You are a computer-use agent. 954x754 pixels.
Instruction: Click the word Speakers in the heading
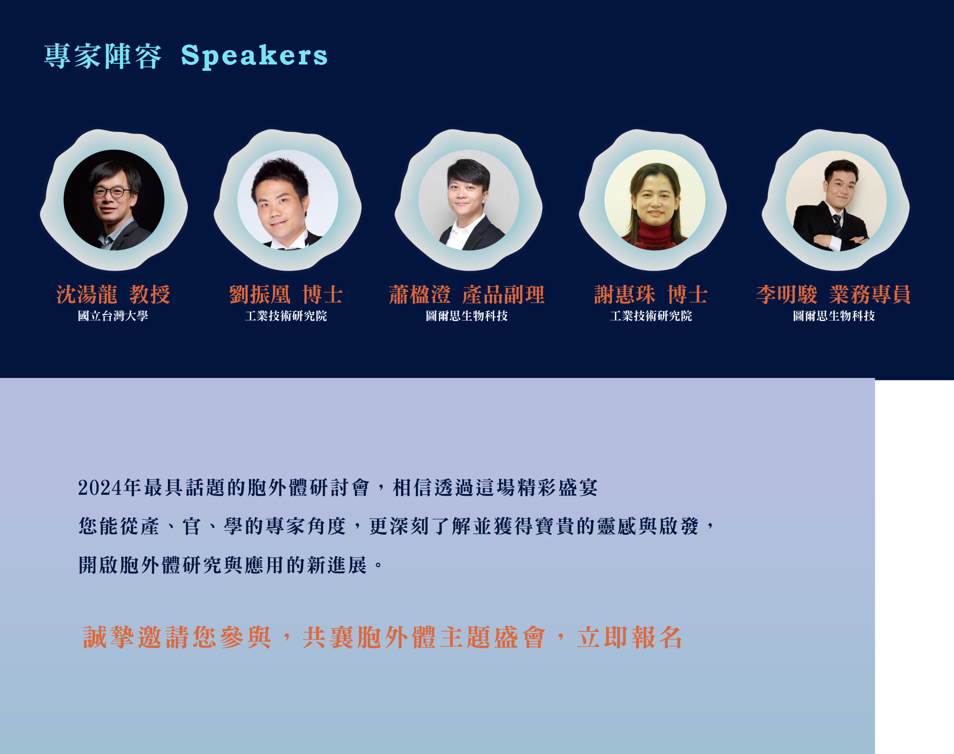point(254,56)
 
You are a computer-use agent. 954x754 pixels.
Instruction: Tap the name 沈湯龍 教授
point(113,294)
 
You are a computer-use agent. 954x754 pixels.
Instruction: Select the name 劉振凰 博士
point(286,294)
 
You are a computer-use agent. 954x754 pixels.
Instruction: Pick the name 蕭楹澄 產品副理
point(467,294)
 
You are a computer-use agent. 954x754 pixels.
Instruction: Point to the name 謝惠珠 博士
point(651,294)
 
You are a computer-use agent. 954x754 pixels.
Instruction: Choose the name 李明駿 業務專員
point(834,294)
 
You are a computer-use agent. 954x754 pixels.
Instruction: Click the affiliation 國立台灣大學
point(113,316)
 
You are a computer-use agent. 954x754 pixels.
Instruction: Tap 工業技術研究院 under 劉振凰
point(286,316)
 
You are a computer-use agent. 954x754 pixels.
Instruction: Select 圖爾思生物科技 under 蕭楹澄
point(467,316)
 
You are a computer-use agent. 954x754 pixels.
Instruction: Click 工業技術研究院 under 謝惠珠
point(651,316)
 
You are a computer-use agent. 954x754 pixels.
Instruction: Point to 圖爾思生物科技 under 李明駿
point(834,316)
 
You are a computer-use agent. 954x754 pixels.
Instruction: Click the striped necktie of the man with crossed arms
point(837,225)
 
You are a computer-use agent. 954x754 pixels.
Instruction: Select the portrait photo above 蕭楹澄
point(469,200)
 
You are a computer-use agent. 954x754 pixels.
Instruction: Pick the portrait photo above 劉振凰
point(288,200)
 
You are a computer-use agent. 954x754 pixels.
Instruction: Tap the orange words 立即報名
point(630,637)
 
